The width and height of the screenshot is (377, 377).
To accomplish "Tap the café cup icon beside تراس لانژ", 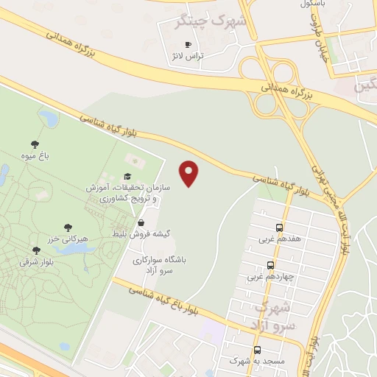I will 187,45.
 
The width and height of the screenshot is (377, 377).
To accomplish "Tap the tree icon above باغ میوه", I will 35,144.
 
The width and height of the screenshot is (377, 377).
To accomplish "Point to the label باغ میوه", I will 35,156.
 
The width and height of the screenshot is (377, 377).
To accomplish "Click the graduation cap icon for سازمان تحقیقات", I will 127,176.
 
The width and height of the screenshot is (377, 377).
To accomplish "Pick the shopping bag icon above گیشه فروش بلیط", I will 141,222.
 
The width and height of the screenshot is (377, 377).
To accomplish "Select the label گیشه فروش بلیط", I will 141,234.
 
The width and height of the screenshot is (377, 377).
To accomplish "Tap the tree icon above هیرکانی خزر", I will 68,228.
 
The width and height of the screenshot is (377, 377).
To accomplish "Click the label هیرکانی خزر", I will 68,239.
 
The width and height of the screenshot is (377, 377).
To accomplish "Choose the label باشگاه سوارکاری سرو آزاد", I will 160,265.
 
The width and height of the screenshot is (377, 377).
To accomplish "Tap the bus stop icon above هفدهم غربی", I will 279,228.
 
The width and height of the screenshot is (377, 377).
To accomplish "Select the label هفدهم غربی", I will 275,239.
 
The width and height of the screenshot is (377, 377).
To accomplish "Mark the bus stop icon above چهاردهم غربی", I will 270,265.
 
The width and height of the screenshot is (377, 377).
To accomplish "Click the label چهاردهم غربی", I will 269,277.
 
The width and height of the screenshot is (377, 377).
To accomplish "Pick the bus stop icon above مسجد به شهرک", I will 257,350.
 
